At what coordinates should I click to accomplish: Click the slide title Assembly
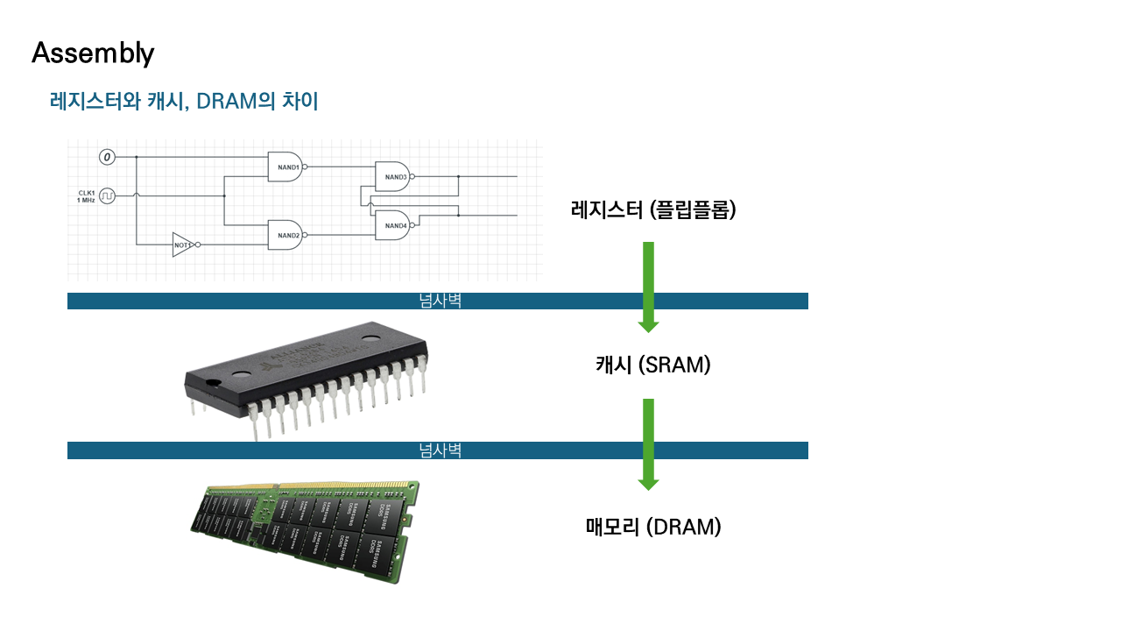[93, 53]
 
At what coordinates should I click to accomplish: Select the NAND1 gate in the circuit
[286, 167]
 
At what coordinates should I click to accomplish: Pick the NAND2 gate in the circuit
[286, 235]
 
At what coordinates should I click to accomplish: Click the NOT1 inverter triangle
[183, 245]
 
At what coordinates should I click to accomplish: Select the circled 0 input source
[107, 157]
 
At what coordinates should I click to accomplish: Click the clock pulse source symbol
[107, 195]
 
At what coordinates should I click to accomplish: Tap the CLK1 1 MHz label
[85, 195]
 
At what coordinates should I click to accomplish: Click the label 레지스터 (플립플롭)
[652, 209]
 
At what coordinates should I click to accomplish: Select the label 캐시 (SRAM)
[652, 365]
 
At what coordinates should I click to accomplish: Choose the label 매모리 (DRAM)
[652, 527]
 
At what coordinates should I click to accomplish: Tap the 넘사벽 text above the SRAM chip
[440, 301]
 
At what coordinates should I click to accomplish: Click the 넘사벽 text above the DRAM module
[440, 450]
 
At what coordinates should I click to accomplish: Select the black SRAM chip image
[307, 372]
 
